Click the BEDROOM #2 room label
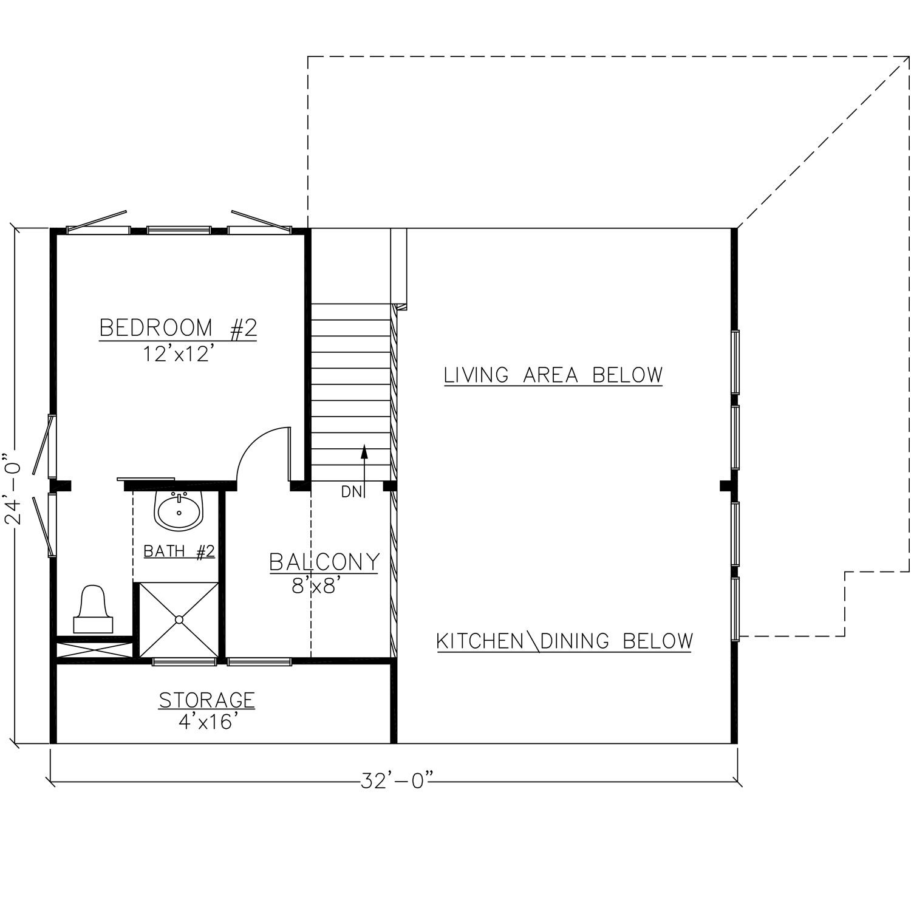click(x=178, y=328)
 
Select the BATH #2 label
click(x=179, y=551)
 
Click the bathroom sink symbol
click(x=179, y=510)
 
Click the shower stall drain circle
click(x=179, y=619)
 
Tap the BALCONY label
click(x=324, y=562)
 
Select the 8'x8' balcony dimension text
click(x=314, y=586)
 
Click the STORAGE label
click(x=206, y=700)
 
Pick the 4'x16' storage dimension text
click(x=206, y=723)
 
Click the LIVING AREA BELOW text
click(x=553, y=375)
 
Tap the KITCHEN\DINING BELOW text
click(x=565, y=641)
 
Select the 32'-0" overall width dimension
click(x=398, y=780)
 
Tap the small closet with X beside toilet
click(x=94, y=648)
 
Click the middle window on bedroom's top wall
click(x=179, y=230)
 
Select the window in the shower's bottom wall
click(x=184, y=661)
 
